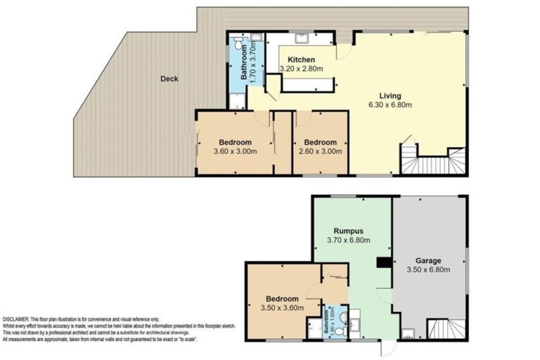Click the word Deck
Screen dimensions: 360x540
[x=168, y=79]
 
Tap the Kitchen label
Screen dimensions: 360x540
[x=301, y=60]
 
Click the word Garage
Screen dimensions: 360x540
[x=427, y=257]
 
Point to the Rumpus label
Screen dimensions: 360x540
[x=348, y=229]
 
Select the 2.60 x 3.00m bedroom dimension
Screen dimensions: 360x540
[x=320, y=151]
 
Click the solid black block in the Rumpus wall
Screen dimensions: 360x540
[x=384, y=263]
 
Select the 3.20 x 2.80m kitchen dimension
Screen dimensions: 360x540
[x=301, y=70]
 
